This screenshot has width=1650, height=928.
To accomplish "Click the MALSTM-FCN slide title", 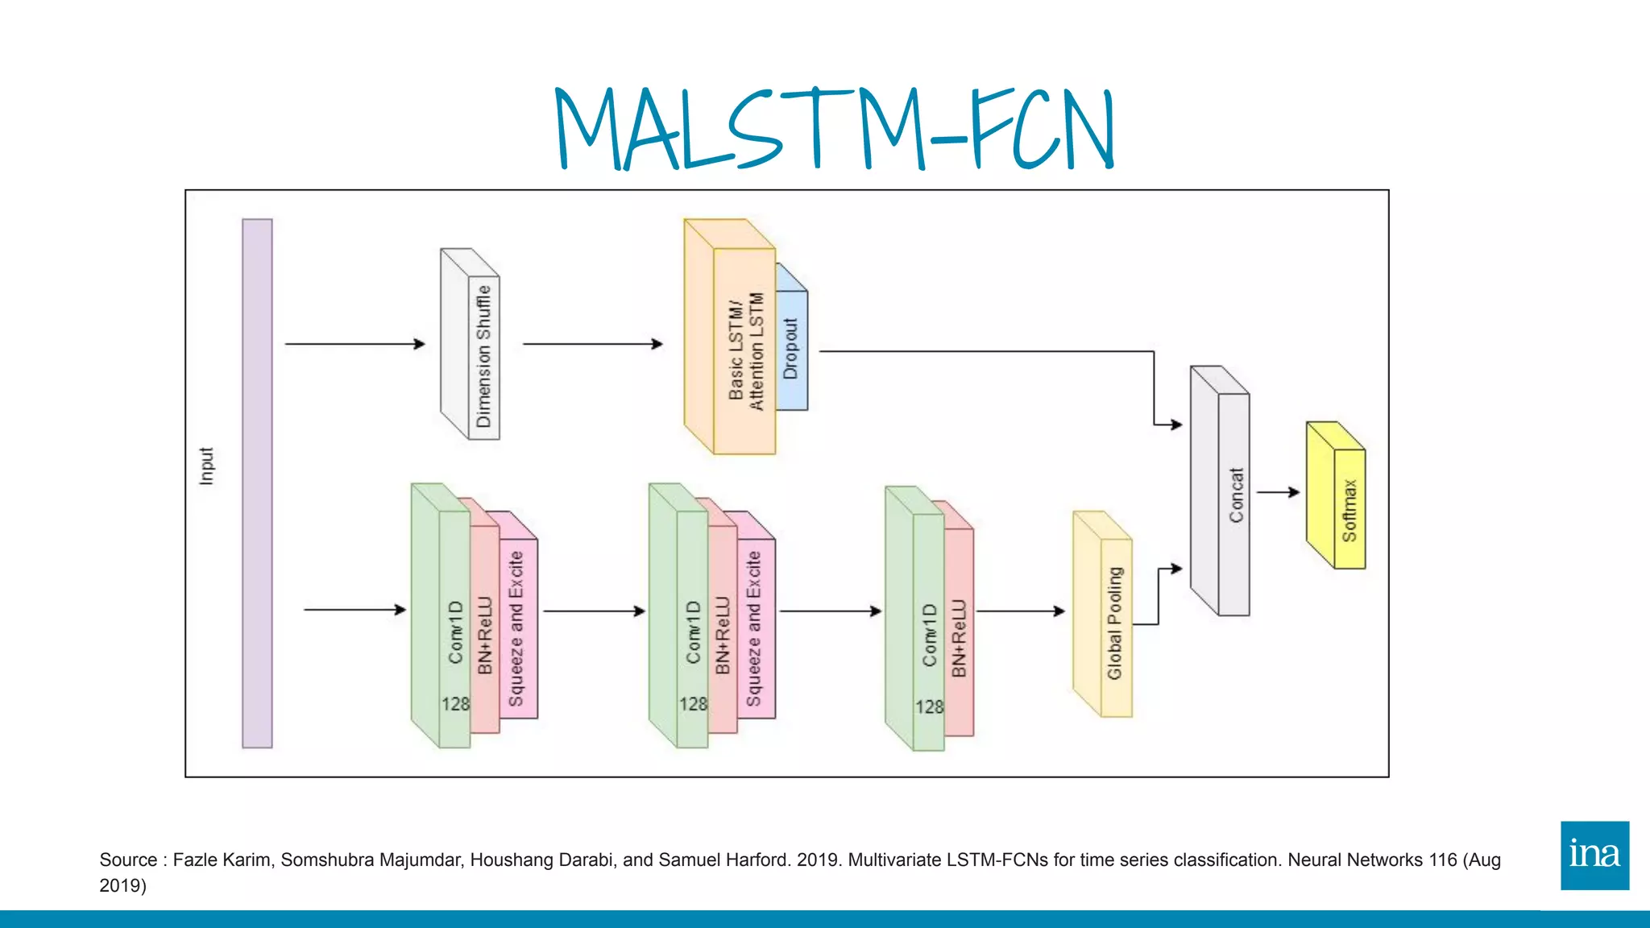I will click(x=835, y=129).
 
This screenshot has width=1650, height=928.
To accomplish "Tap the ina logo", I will click(x=1594, y=855).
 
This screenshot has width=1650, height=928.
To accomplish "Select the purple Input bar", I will click(x=257, y=483).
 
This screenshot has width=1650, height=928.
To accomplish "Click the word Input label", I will click(x=206, y=466).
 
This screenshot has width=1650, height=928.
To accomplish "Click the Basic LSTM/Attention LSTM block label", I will click(x=744, y=351).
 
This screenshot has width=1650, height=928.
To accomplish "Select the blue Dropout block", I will click(x=791, y=349).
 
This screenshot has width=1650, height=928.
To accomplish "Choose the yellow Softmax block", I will click(x=1348, y=509).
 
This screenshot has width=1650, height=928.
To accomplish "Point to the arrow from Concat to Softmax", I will click(x=1278, y=491).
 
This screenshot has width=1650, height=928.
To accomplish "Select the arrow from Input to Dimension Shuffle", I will click(x=354, y=344).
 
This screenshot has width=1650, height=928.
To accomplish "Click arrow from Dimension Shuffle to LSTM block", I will click(x=592, y=344).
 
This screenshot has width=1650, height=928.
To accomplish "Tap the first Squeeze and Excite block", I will click(x=516, y=628).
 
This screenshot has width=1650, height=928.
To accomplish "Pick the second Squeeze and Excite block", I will click(x=754, y=628).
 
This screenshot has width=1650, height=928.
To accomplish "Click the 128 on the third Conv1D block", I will click(x=929, y=706).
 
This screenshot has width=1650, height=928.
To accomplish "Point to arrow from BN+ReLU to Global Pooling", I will click(x=1020, y=611).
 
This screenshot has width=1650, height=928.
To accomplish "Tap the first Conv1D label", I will click(x=456, y=632).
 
